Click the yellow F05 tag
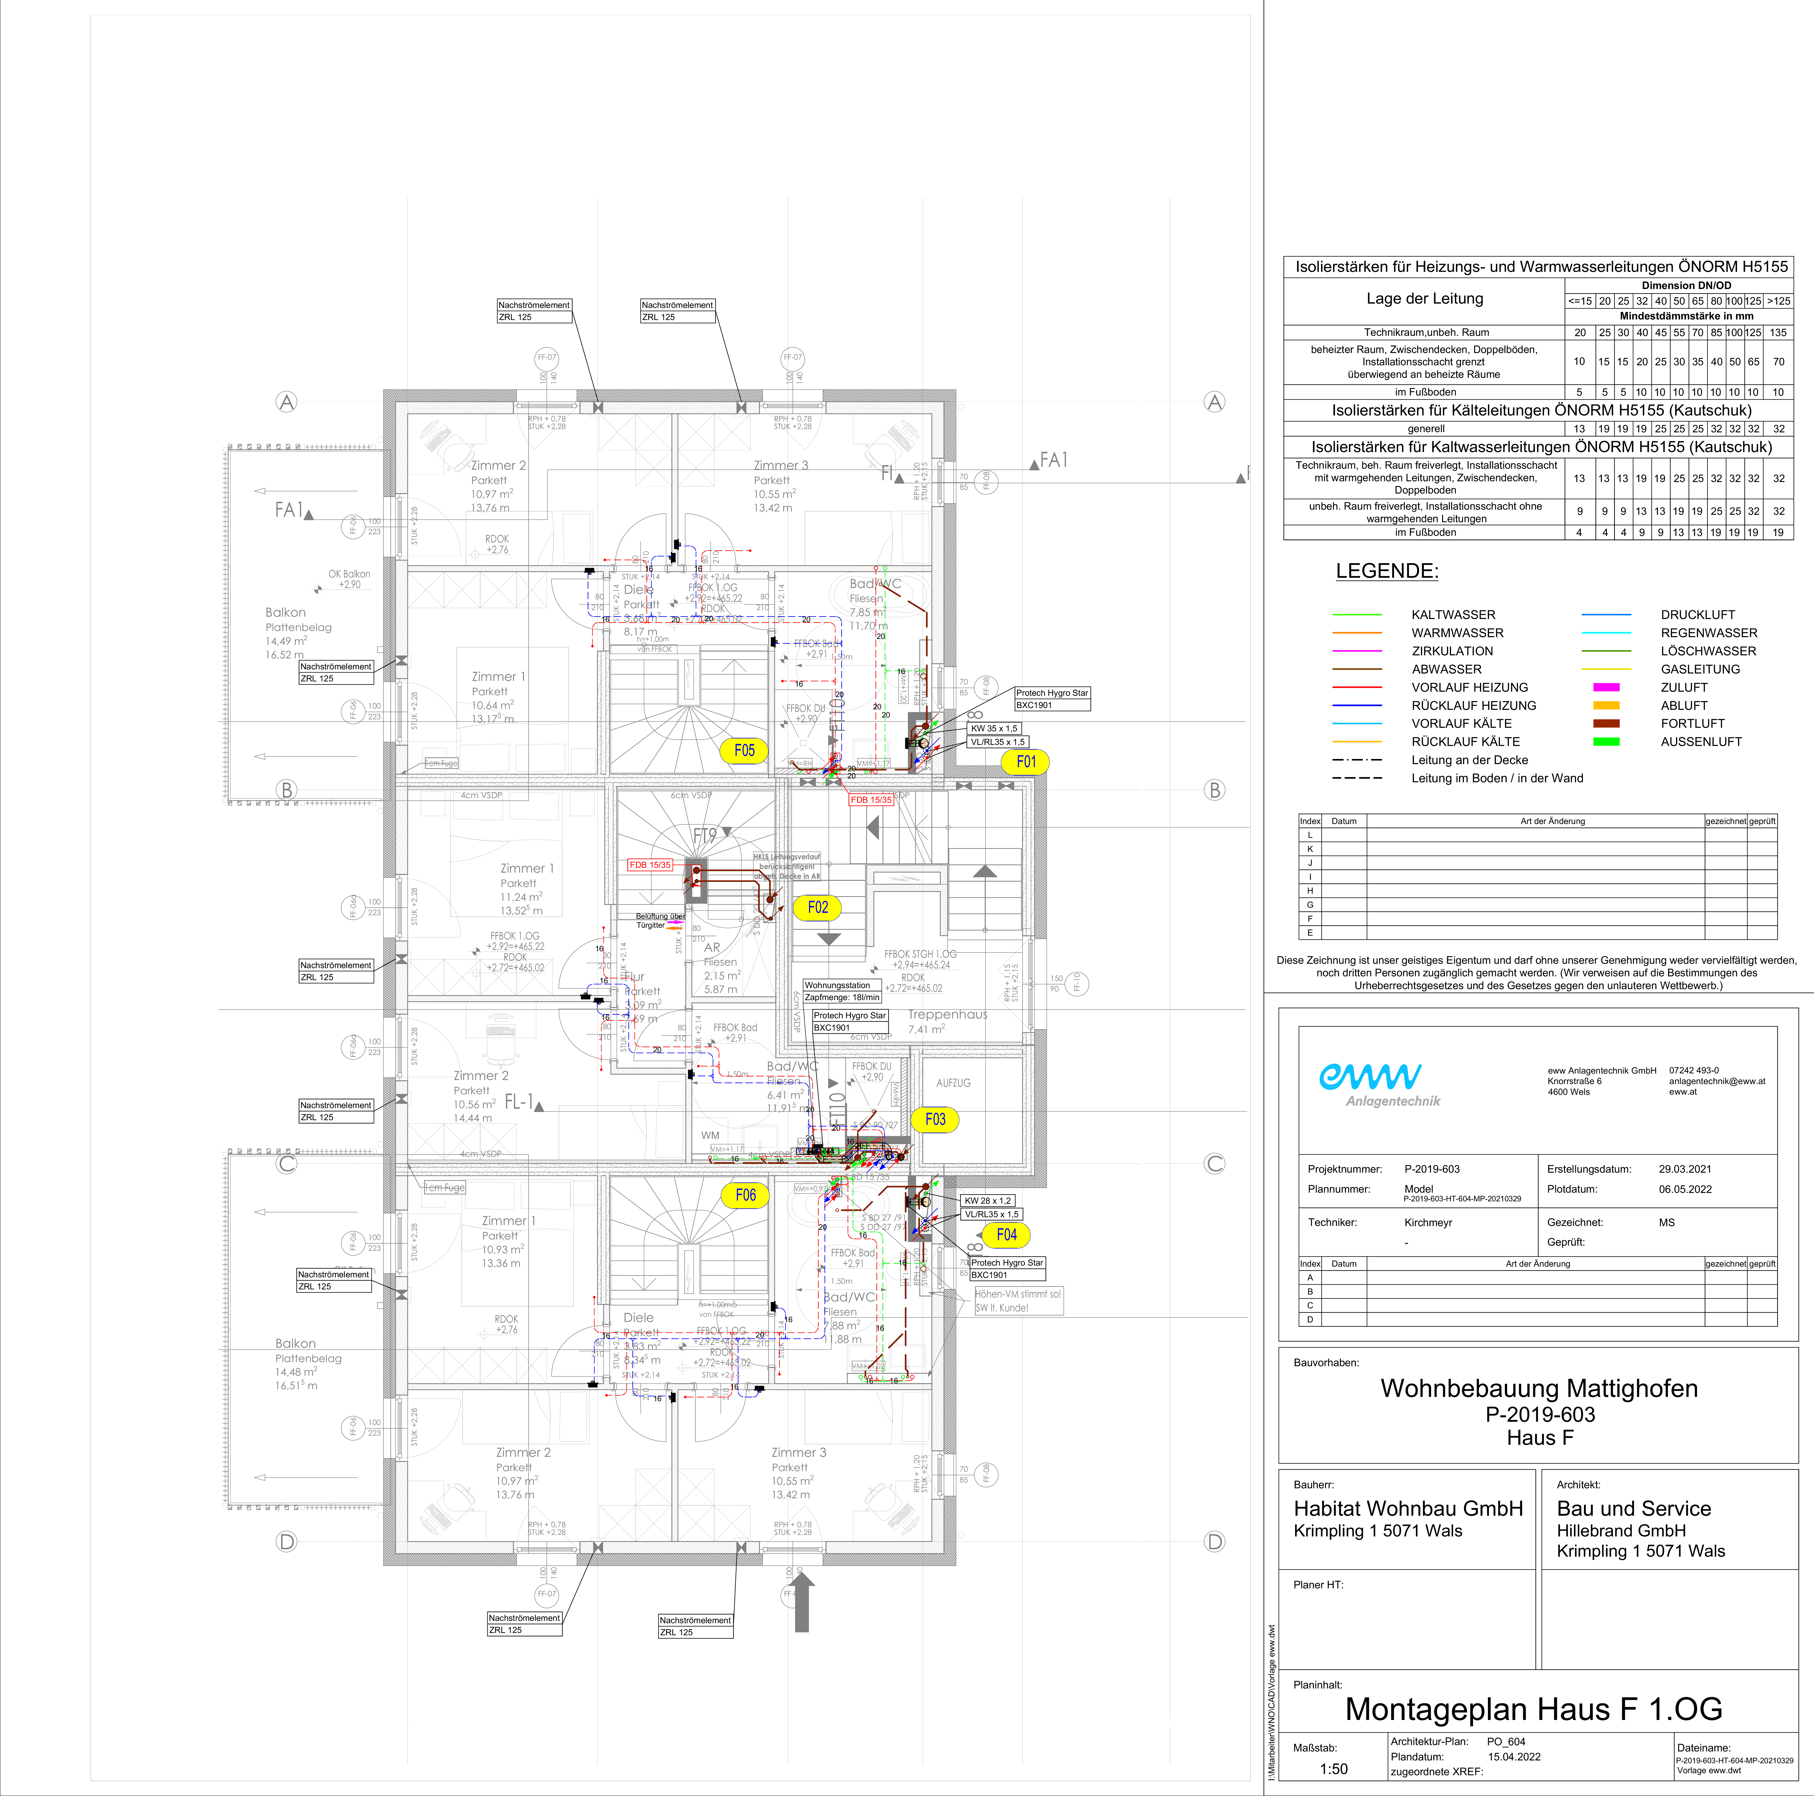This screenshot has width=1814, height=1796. tap(744, 750)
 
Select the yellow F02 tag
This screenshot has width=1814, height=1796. tap(818, 907)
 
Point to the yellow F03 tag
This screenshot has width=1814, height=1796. tap(935, 1119)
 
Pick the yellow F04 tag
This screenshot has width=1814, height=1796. tap(1006, 1235)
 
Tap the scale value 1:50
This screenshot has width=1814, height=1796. tap(1333, 1769)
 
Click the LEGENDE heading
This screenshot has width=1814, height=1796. tap(1387, 571)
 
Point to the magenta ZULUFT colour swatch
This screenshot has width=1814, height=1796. tap(1606, 687)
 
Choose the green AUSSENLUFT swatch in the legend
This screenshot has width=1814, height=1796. tap(1606, 742)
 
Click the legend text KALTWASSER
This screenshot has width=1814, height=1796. tap(1453, 615)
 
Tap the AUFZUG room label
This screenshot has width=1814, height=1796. tap(953, 1083)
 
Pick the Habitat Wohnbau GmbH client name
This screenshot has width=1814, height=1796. tap(1408, 1509)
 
